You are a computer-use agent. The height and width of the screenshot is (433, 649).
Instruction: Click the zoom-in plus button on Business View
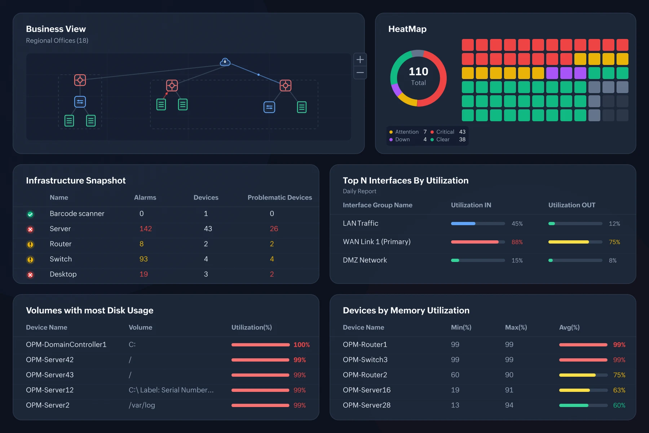pos(360,60)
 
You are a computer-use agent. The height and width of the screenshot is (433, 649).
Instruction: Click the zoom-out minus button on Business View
pos(360,73)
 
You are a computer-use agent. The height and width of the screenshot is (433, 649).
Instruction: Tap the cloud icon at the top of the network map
pos(225,62)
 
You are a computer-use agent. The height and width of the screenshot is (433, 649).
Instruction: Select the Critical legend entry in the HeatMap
pos(448,132)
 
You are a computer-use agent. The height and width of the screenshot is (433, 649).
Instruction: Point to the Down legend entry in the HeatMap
pos(408,139)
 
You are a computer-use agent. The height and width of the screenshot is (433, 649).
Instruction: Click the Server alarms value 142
pos(146,229)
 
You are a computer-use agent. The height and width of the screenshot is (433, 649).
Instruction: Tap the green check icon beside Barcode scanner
pos(30,214)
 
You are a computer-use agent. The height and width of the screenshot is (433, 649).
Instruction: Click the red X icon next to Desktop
pos(30,275)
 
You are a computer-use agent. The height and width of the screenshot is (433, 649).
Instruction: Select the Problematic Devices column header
pos(280,197)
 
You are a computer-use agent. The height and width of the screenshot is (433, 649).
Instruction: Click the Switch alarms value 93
pos(144,259)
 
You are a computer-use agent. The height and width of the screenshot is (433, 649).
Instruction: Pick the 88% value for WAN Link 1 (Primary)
pos(517,242)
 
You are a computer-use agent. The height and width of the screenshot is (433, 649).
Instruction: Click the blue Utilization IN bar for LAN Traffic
pos(463,224)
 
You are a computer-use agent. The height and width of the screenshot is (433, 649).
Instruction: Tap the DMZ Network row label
pos(365,260)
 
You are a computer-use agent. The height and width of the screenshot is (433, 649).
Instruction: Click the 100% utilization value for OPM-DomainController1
pos(301,345)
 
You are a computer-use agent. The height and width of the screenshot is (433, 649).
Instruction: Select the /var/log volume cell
pos(142,405)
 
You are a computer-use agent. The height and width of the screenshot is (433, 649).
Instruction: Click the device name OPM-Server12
pos(50,390)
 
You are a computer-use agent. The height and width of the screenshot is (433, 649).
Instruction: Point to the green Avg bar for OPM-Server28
pos(574,406)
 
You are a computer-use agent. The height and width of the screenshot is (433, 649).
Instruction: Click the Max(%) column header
pos(516,327)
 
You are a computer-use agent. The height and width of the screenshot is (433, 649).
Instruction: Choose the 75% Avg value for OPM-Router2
pos(619,375)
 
